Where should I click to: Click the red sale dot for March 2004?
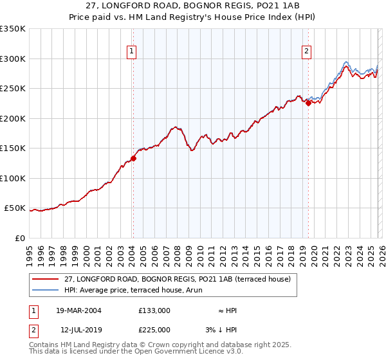point(134,158)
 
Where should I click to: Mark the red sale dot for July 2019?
point(308,103)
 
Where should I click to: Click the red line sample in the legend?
point(46,279)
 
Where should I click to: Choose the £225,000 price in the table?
point(154,329)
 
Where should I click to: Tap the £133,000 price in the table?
point(154,310)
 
